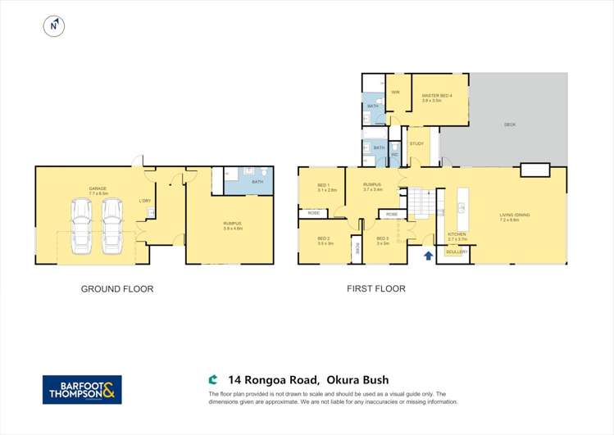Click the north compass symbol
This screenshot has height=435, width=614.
click(x=53, y=26)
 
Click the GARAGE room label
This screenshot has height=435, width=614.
click(x=98, y=189)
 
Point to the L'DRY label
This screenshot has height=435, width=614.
click(x=144, y=200)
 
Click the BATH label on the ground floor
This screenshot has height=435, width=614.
click(x=257, y=181)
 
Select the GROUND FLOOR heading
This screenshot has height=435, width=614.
click(x=116, y=288)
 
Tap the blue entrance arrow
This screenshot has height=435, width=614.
click(x=427, y=256)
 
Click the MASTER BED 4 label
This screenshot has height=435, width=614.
click(x=438, y=96)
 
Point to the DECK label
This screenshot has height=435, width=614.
click(x=509, y=125)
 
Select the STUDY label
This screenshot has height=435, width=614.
click(x=416, y=144)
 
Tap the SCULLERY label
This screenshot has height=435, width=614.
click(x=457, y=251)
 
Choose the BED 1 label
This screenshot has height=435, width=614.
click(x=323, y=186)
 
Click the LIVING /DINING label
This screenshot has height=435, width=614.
click(x=515, y=215)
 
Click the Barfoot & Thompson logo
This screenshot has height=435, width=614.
click(x=82, y=389)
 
